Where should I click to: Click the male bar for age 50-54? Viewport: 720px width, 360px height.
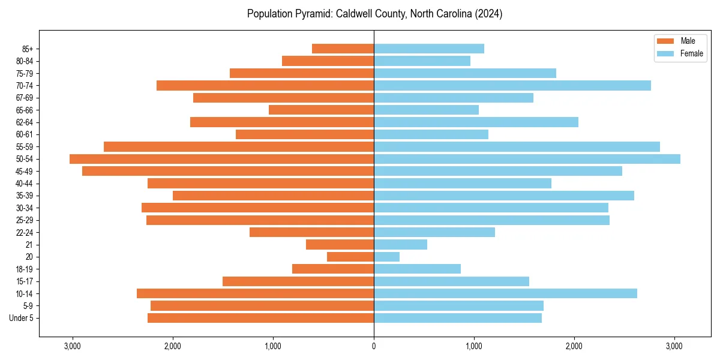point(221,159)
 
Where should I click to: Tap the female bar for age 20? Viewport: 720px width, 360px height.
point(386,257)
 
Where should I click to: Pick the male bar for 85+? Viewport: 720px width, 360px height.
point(343,49)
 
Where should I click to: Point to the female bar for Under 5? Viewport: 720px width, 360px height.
point(457,318)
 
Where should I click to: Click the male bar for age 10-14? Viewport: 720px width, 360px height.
point(255,293)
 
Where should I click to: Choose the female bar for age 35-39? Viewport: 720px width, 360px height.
point(503,196)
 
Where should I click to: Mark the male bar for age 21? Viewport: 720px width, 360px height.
point(340,245)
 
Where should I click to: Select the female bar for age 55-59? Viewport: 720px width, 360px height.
point(517,147)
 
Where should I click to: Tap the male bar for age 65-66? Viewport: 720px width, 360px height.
point(321,110)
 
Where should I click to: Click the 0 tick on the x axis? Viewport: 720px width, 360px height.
point(374,346)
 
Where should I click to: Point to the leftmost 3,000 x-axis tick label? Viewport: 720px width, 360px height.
point(73,346)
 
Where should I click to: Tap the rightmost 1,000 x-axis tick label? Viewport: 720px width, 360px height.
point(474,346)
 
